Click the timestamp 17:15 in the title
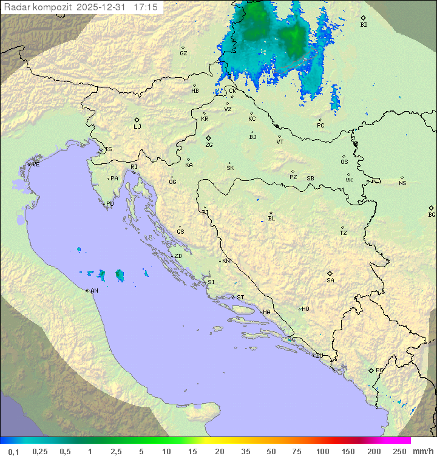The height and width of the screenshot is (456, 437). [x=146, y=7]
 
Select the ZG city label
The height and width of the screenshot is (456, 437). [x=209, y=145]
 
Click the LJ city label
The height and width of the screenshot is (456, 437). [x=137, y=127]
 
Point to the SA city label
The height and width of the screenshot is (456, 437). [x=330, y=281]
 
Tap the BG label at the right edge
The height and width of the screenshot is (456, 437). [x=432, y=215]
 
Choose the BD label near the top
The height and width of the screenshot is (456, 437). [x=364, y=25]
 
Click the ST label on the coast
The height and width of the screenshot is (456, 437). [x=240, y=298]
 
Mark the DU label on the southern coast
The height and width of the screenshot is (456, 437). [x=319, y=356]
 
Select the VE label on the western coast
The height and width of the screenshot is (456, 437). [x=36, y=165]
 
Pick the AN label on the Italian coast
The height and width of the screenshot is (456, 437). [x=94, y=291]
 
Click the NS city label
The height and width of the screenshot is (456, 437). [x=402, y=183]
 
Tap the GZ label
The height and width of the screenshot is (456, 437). [x=183, y=53]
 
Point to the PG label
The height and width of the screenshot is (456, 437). [x=379, y=370]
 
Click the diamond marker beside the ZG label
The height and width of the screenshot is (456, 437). [x=209, y=138]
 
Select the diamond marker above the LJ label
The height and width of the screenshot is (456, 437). [x=137, y=120]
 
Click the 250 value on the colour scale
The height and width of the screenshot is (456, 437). [x=399, y=451]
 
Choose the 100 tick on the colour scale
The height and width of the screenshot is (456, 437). [x=323, y=451]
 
